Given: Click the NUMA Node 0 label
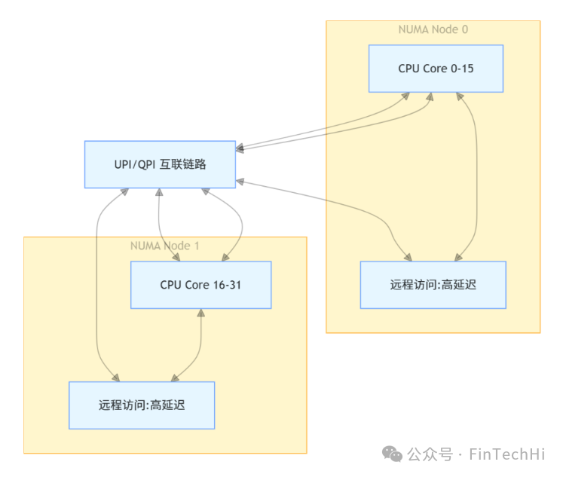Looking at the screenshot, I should point(433,29).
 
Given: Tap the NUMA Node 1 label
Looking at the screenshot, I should point(165,246).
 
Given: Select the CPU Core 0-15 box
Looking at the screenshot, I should point(435,69).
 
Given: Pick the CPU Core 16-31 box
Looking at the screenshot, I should point(200,285).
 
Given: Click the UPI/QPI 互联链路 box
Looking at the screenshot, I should point(159,164).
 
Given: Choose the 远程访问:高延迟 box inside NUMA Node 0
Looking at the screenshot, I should point(433,285).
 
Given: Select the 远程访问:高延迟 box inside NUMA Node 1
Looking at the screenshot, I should point(142,405).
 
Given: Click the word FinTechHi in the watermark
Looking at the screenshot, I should point(506,454).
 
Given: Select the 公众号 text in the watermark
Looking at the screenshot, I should point(430,454).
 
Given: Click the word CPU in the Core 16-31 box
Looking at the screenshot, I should point(170,285).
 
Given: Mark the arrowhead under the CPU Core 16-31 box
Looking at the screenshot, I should point(200,313).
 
